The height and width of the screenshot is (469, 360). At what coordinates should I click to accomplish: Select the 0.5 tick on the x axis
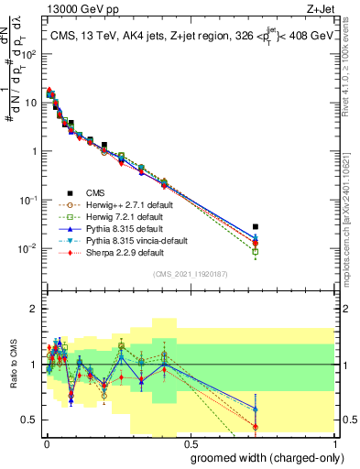click(189, 442)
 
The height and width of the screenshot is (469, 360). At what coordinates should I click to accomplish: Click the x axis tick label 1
click(334, 442)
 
